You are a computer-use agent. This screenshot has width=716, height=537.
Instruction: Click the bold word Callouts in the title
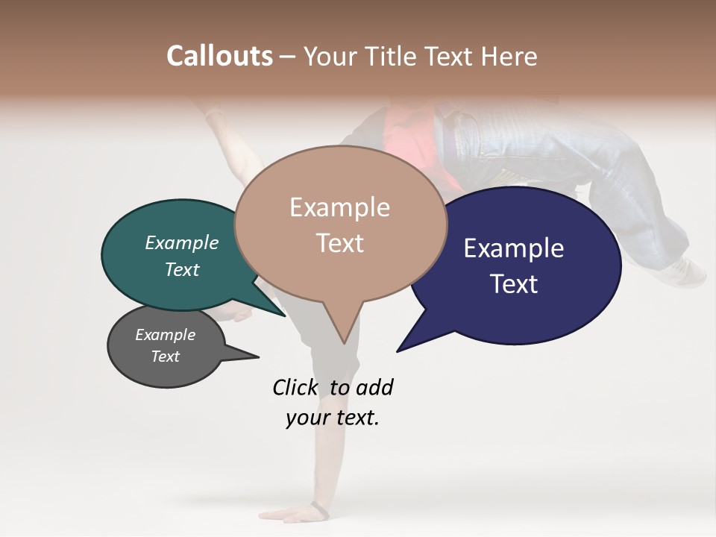coord(219,56)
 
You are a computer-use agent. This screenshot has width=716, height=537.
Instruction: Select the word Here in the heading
coord(509,56)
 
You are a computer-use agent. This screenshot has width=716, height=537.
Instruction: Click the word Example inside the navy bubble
coord(514,248)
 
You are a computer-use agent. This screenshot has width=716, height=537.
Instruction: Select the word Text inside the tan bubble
coord(340,243)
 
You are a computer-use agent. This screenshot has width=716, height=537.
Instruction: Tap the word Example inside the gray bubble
coord(165,335)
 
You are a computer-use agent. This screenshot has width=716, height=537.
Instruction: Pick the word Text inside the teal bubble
coord(182,269)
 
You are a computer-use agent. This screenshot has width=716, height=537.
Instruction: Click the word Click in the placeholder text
coord(295,387)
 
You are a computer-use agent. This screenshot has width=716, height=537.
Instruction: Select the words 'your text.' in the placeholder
coord(333,418)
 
